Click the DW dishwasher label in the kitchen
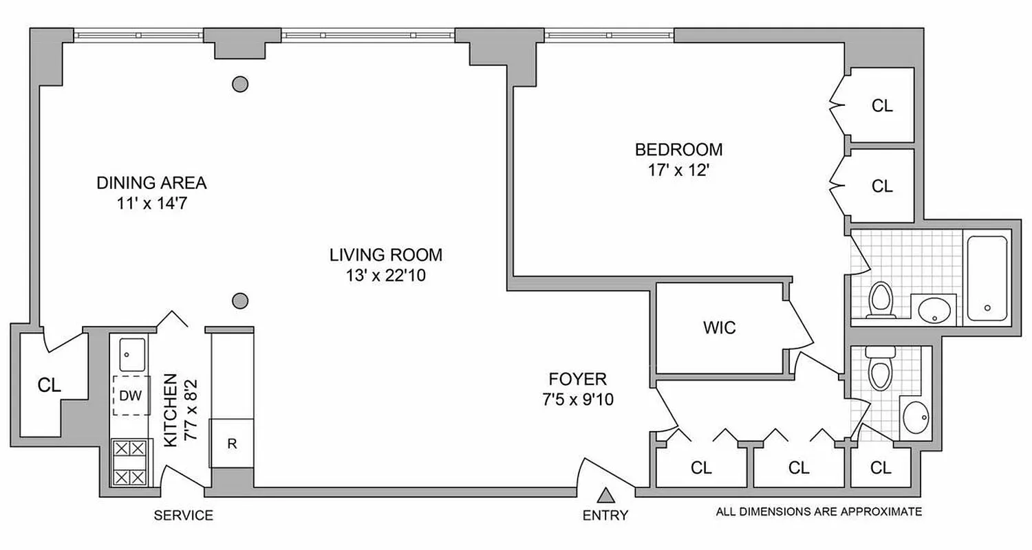(x=131, y=396)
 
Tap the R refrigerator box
(x=232, y=443)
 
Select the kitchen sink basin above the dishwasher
(x=131, y=355)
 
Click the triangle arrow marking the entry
(x=606, y=495)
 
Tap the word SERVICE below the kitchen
(x=183, y=516)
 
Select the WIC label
(x=720, y=328)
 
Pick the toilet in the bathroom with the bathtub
(x=880, y=300)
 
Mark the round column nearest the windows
(x=239, y=84)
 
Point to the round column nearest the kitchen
(x=239, y=300)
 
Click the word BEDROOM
(x=678, y=149)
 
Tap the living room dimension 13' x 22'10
(x=385, y=276)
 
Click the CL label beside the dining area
(x=50, y=386)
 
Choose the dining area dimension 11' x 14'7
(x=151, y=204)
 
